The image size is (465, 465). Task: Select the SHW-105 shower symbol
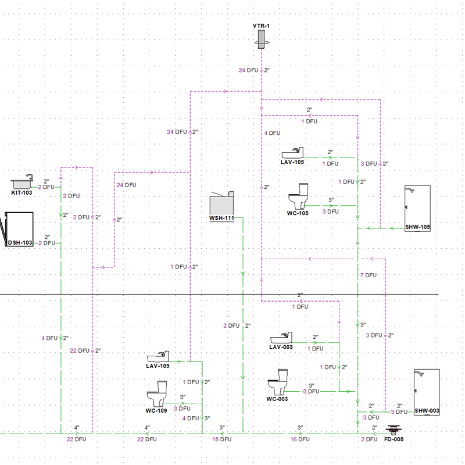(417, 206)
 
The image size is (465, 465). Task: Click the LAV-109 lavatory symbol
(158, 357)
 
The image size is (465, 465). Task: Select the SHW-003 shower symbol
(426, 389)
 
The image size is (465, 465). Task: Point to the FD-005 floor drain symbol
(394, 430)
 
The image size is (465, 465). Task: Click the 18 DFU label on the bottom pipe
(221, 439)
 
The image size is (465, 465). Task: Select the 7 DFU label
(369, 275)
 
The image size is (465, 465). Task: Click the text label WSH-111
(221, 218)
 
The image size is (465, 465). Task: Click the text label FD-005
(394, 439)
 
